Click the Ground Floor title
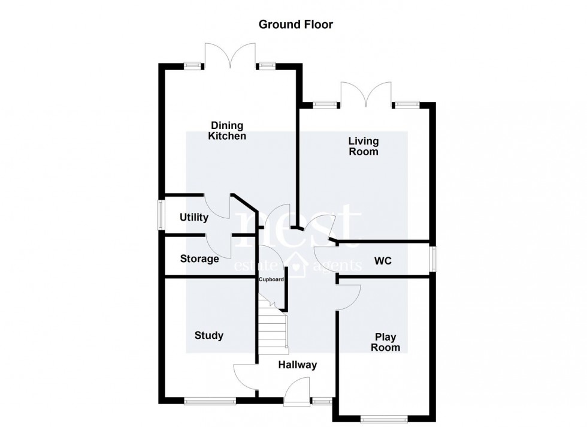click(x=295, y=25)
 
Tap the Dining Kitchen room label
click(x=227, y=131)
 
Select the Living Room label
click(x=364, y=146)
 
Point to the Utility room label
click(x=193, y=217)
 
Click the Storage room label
click(x=199, y=259)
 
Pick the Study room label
click(x=209, y=335)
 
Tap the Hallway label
click(x=297, y=365)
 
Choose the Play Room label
click(x=385, y=342)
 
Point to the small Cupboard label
click(x=271, y=279)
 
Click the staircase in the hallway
click(x=273, y=327)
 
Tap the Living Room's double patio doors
click(x=366, y=95)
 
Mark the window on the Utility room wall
click(x=161, y=215)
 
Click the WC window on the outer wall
click(x=434, y=261)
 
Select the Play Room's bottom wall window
click(x=385, y=417)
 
